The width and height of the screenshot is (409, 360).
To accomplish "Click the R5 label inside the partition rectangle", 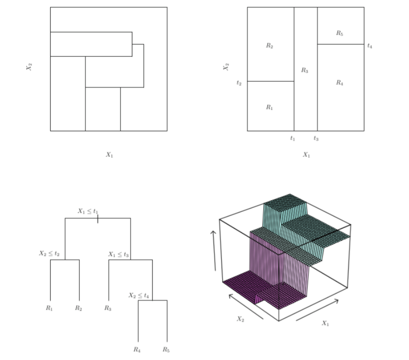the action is pyautogui.click(x=339, y=33).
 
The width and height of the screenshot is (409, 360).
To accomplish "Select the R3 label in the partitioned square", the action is pyautogui.click(x=305, y=70).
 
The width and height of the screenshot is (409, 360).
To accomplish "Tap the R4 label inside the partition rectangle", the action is pyautogui.click(x=339, y=83).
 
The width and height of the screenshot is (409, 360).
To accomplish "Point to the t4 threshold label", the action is pyautogui.click(x=370, y=45).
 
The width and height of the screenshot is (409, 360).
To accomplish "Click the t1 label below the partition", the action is pyautogui.click(x=293, y=138).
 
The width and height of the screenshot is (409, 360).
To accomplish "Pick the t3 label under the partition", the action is pyautogui.click(x=316, y=138).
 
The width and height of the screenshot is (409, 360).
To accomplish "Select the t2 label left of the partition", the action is pyautogui.click(x=239, y=83).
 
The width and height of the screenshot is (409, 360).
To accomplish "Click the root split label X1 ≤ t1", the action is pyautogui.click(x=88, y=211).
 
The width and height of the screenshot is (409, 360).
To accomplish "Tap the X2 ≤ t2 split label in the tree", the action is pyautogui.click(x=49, y=254).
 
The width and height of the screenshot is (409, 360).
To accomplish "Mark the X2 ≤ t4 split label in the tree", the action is pyautogui.click(x=139, y=295).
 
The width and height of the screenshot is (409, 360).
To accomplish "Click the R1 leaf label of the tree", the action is pyautogui.click(x=50, y=309).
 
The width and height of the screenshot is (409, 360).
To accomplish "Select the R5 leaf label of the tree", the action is pyautogui.click(x=167, y=349).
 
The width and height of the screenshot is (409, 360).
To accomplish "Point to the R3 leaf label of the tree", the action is pyautogui.click(x=108, y=309).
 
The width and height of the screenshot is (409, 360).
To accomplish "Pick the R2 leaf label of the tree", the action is pyautogui.click(x=79, y=309).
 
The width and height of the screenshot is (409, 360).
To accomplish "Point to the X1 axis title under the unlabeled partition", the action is pyautogui.click(x=109, y=155).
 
